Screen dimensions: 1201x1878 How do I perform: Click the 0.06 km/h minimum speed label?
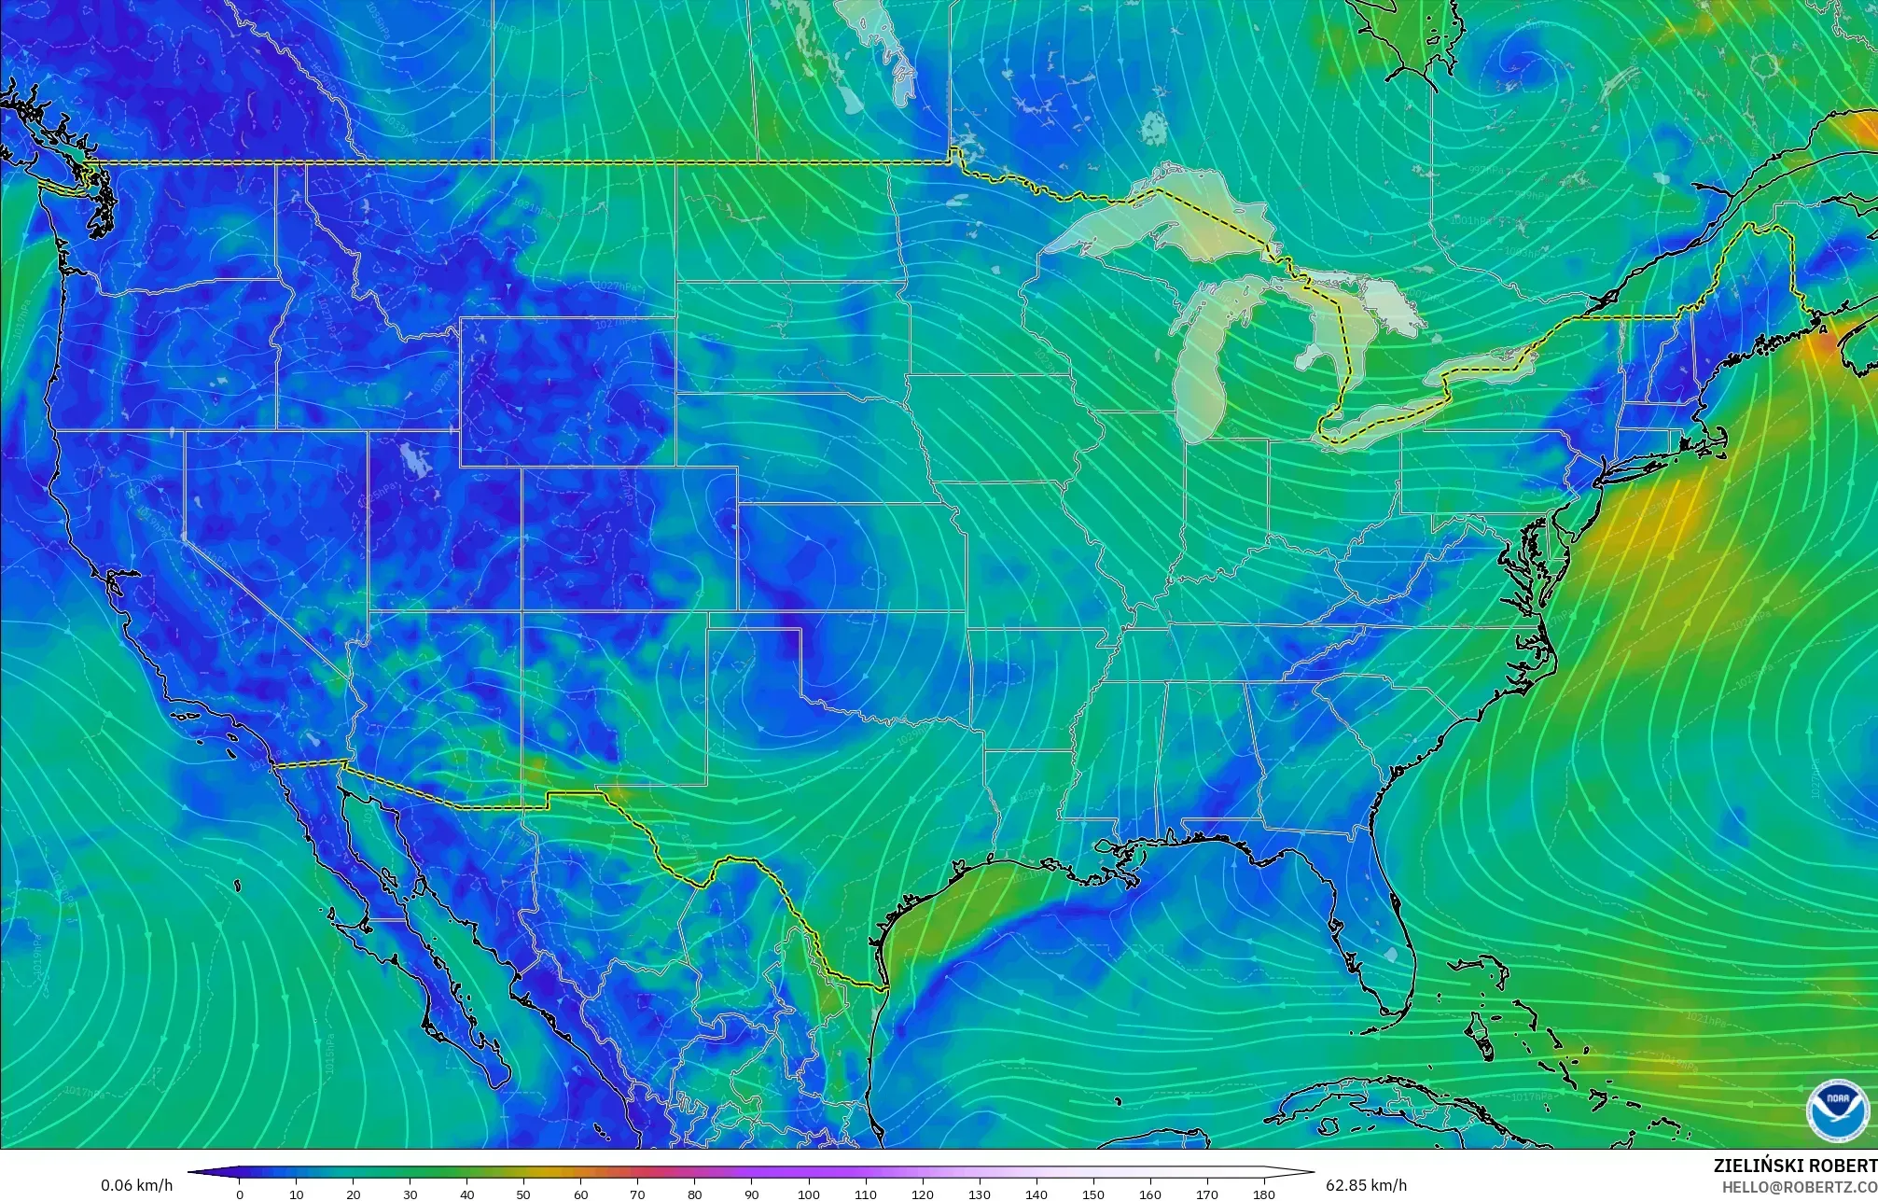pyautogui.click(x=136, y=1185)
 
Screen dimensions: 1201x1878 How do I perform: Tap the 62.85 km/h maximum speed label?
pyautogui.click(x=1366, y=1185)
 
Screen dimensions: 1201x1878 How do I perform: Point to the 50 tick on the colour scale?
pyautogui.click(x=524, y=1194)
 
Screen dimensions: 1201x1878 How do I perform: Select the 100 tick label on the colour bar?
pyautogui.click(x=809, y=1194)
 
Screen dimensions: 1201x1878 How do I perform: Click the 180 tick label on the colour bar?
pyautogui.click(x=1264, y=1194)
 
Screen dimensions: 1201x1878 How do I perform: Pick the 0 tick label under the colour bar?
pyautogui.click(x=240, y=1194)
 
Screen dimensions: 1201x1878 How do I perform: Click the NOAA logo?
pyautogui.click(x=1837, y=1110)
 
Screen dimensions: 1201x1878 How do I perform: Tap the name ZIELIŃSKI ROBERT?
pyautogui.click(x=1795, y=1166)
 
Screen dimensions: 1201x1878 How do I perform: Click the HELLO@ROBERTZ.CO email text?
pyautogui.click(x=1799, y=1186)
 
